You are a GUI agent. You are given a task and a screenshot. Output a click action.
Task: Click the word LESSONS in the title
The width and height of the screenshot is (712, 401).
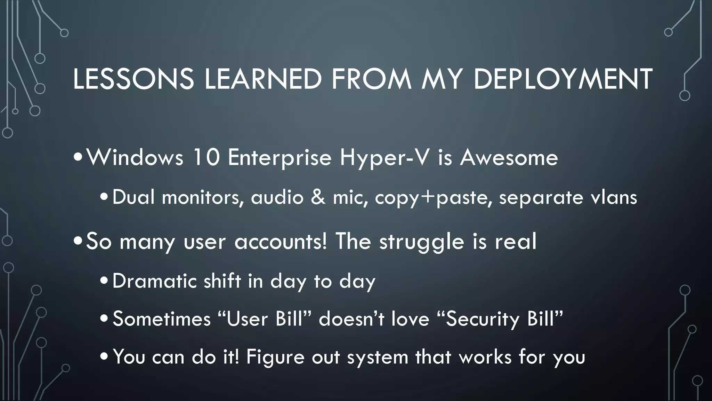[133, 79]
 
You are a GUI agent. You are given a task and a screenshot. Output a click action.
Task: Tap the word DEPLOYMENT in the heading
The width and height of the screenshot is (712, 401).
[563, 79]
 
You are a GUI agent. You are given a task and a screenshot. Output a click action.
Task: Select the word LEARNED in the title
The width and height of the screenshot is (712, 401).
[263, 79]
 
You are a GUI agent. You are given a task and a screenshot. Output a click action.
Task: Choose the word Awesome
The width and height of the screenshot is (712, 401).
[509, 158]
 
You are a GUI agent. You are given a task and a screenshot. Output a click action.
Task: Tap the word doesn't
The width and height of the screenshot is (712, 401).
[351, 319]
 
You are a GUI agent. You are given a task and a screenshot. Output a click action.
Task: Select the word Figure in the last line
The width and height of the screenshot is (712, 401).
[275, 357]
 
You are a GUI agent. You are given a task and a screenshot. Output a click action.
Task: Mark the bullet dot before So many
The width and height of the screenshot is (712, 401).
[79, 242]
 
